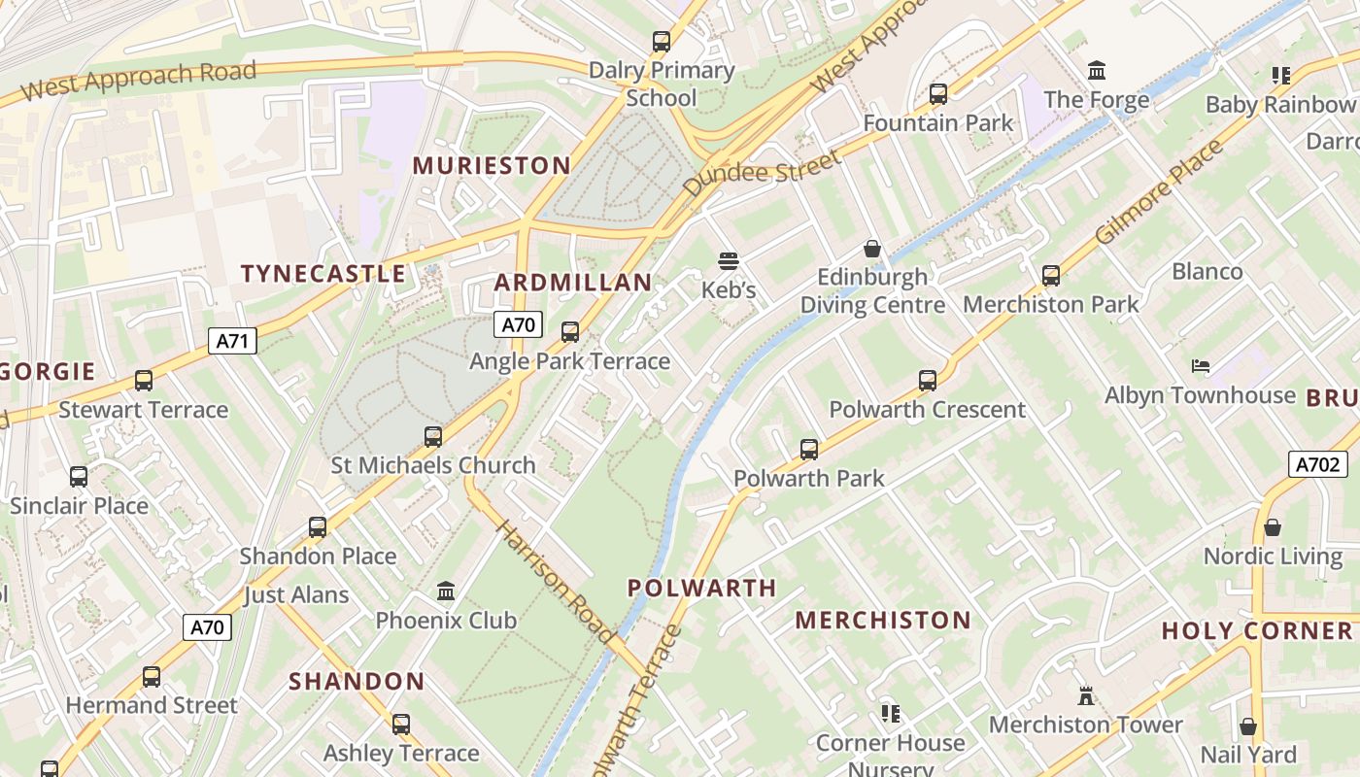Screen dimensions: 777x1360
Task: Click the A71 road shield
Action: pos(233,341)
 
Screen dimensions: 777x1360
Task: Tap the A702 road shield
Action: pos(1318,464)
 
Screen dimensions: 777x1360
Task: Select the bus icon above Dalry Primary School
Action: pos(662,42)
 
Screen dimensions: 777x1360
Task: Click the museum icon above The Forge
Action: pos(1097,71)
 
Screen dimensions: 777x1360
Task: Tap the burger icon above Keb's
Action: pos(729,260)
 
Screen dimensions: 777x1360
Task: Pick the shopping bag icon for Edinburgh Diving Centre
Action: pos(872,249)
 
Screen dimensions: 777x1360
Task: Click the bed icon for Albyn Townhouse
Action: pos(1201,366)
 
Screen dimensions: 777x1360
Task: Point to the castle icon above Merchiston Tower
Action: pos(1086,695)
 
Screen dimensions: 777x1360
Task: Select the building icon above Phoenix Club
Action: pos(446,591)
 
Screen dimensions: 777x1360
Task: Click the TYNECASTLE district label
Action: pos(323,274)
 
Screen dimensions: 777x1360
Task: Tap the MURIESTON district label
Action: pos(492,165)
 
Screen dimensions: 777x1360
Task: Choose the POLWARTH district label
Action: pos(701,588)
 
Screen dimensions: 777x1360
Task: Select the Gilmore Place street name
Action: pos(1158,192)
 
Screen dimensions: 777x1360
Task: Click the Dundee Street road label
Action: pos(762,173)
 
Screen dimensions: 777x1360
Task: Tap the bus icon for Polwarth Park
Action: pos(809,450)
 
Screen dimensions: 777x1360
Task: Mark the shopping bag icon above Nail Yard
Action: pos(1248,726)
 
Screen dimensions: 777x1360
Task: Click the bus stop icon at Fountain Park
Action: pos(938,94)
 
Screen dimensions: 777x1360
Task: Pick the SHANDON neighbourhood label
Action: pos(357,681)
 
